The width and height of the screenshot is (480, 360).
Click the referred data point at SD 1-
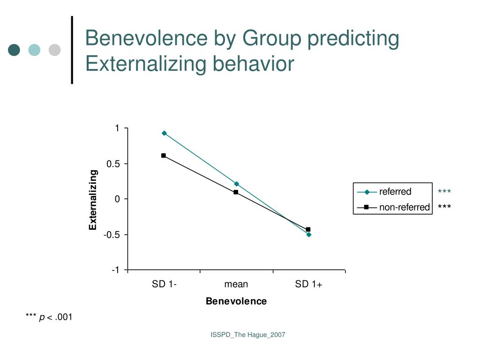tap(164, 133)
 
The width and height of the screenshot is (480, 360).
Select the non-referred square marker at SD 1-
tap(164, 156)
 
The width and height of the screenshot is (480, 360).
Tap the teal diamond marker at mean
tap(237, 184)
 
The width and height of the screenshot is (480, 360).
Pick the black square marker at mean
tap(236, 192)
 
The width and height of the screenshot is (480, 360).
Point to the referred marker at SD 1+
tap(309, 234)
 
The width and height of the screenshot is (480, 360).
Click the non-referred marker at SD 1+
tap(308, 229)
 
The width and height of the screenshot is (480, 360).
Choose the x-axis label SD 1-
tap(164, 284)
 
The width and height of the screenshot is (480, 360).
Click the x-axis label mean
tap(236, 284)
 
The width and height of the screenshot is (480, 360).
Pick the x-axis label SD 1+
tap(309, 284)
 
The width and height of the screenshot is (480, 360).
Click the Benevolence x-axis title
tap(236, 301)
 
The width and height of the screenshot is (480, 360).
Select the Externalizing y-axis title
tap(93, 200)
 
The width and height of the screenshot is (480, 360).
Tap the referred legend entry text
tap(395, 191)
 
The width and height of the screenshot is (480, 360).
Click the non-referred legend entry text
tap(405, 207)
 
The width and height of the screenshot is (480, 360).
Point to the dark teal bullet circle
tap(15, 50)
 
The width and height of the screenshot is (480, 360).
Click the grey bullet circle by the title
tap(55, 50)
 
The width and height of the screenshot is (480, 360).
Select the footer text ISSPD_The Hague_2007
tap(247, 335)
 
